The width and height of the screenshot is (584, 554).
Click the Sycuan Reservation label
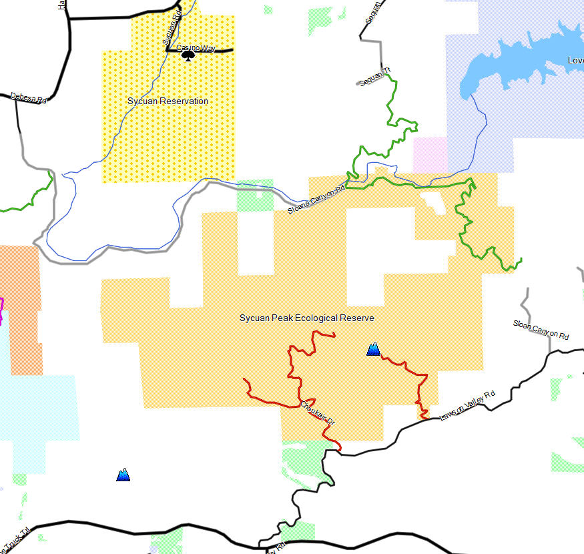pyautogui.click(x=168, y=101)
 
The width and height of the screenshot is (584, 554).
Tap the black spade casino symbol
pyautogui.click(x=188, y=56)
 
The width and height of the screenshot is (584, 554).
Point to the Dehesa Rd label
pyautogui.click(x=29, y=98)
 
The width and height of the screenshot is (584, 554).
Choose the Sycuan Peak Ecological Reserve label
pyautogui.click(x=306, y=318)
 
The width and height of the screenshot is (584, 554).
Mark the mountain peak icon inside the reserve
pyautogui.click(x=373, y=348)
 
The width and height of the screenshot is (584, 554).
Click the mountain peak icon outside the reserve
pyautogui.click(x=123, y=475)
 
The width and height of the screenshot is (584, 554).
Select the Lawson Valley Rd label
pyautogui.click(x=468, y=405)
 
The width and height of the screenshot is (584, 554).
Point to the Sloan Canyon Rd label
pyautogui.click(x=541, y=330)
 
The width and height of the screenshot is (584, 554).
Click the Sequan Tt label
pyautogui.click(x=373, y=77)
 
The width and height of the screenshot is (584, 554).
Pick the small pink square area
pyautogui.click(x=430, y=154)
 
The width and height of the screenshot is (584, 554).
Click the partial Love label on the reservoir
pyautogui.click(x=575, y=60)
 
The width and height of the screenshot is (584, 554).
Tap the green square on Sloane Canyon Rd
pyautogui.click(x=256, y=195)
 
